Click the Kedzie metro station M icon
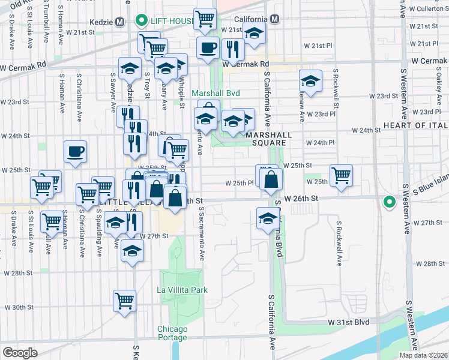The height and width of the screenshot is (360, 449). [x=119, y=22]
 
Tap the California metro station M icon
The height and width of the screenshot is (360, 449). [x=274, y=19]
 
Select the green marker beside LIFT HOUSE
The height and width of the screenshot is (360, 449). [x=141, y=22]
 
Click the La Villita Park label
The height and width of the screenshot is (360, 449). [x=182, y=290]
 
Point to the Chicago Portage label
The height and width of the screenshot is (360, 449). [x=173, y=333]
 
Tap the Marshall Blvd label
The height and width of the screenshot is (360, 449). [x=215, y=93]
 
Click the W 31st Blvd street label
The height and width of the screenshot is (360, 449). [x=348, y=322]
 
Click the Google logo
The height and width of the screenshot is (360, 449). [x=20, y=352]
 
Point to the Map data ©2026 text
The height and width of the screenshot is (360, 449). [x=424, y=355]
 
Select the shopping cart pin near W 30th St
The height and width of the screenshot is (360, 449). [x=124, y=300]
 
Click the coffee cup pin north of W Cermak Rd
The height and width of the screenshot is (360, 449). [x=208, y=47]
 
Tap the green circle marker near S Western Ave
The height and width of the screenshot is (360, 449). [x=390, y=202]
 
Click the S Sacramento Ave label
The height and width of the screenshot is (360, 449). [x=202, y=234]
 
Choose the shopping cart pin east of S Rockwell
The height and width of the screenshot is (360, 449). [x=341, y=176]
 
